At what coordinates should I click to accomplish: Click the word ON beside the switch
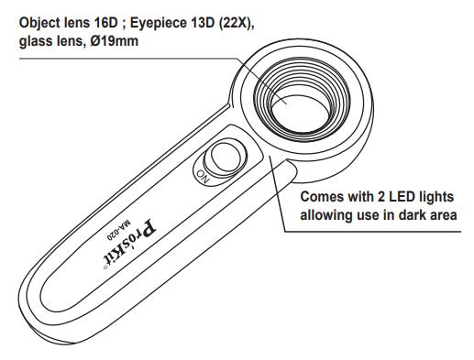pos(204,177)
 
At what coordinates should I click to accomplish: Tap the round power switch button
pos(226,158)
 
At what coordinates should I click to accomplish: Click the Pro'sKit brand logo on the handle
pos(129,245)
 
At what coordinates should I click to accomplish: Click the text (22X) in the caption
pos(236,23)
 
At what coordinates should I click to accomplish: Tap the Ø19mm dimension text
pos(114,41)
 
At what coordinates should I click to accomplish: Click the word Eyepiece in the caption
pos(159,24)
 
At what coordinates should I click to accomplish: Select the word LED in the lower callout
pos(401,196)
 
